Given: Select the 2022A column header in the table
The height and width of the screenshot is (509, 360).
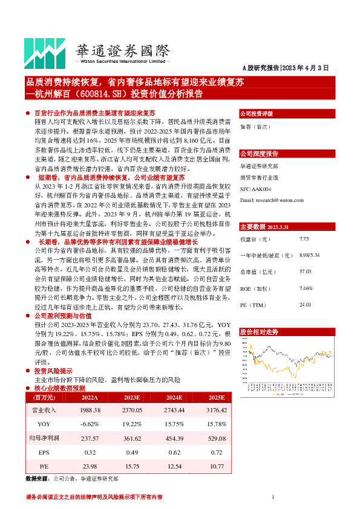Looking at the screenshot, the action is [90, 397].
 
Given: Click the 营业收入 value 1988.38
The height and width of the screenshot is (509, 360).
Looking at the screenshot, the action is [90, 410].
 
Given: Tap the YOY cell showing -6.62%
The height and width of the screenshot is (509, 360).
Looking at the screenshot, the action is [90, 424].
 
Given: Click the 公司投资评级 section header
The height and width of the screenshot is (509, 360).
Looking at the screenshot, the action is [257, 114].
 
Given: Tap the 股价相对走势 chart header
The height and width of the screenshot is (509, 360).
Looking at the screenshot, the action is [259, 332].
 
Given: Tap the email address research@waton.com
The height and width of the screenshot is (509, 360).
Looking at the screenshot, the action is [271, 199].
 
